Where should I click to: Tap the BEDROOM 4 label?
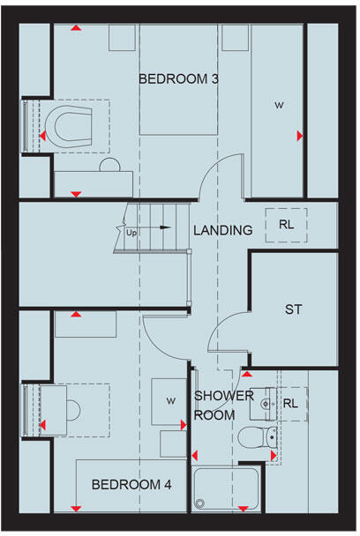(131, 484)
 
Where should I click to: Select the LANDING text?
(223, 230)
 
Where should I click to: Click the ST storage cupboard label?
(294, 309)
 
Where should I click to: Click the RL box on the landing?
(287, 223)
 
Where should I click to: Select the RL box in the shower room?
(290, 403)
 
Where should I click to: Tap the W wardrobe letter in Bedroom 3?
(278, 106)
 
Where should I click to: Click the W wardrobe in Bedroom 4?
(169, 400)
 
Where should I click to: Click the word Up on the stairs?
(132, 233)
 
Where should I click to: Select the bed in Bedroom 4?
(131, 485)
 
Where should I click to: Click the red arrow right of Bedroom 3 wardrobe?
(301, 136)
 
